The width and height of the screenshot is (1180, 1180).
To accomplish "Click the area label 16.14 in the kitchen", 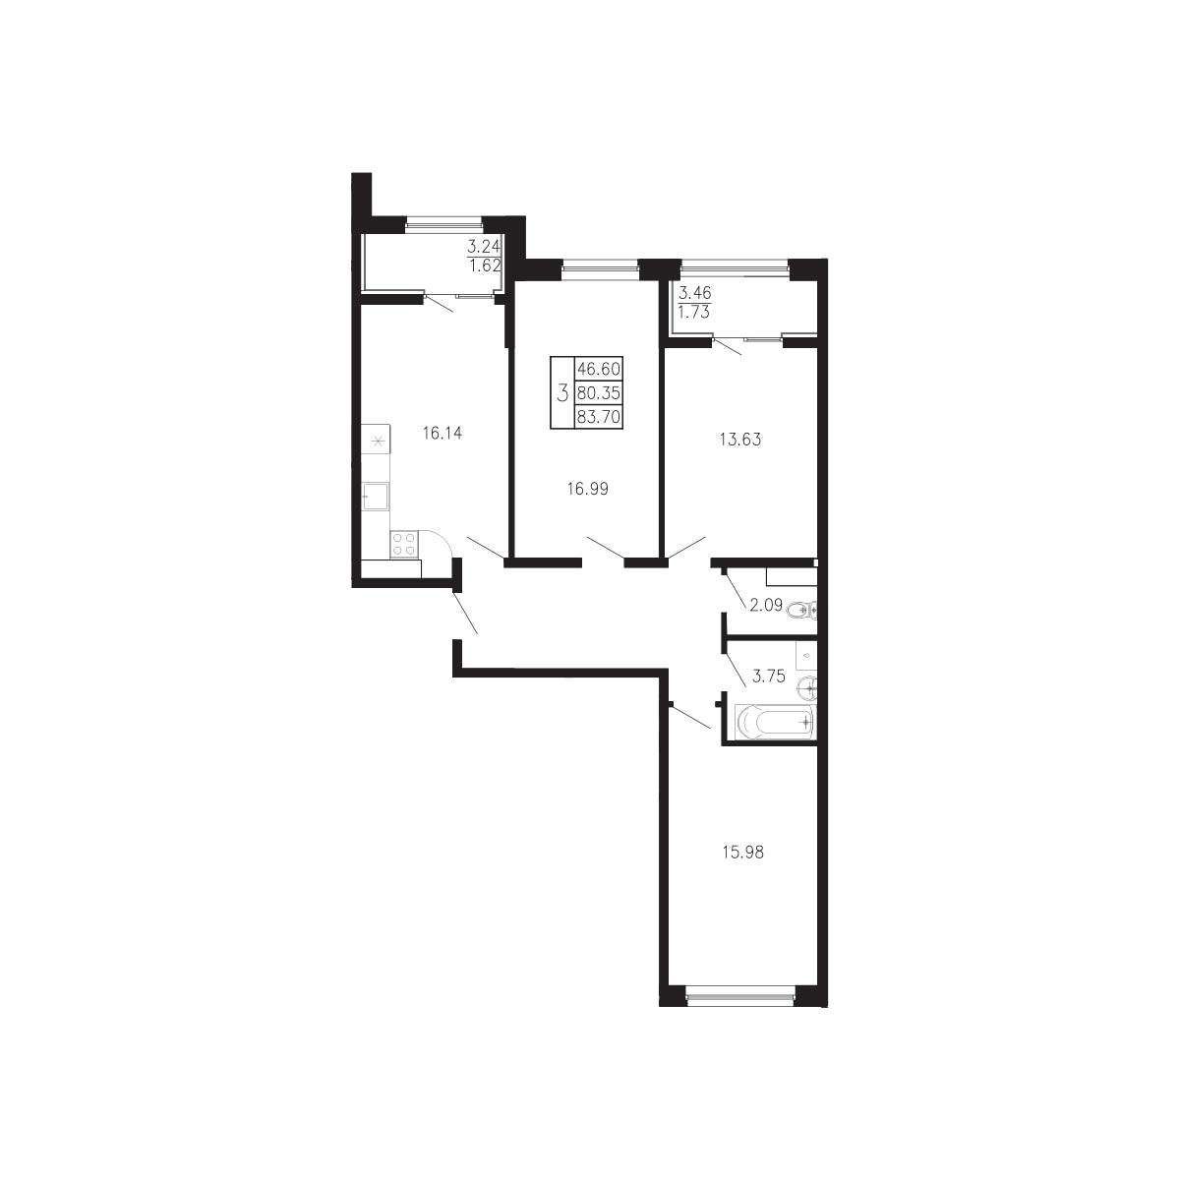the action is [x=442, y=434].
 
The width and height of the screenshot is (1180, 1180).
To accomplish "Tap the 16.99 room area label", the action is [x=587, y=488].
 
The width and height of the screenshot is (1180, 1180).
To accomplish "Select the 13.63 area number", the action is [x=740, y=439].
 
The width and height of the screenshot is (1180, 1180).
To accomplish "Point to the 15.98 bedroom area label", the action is [x=742, y=852].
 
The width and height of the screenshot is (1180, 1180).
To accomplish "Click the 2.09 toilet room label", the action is [x=766, y=605].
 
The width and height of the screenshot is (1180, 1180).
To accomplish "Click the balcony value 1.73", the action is [x=694, y=312].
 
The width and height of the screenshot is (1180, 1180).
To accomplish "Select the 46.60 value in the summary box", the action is [x=598, y=369].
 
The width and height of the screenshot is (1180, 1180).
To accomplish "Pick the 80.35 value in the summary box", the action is [x=598, y=392].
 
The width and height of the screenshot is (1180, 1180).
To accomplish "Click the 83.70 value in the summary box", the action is [x=598, y=416].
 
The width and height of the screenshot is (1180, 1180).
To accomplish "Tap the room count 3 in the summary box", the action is [x=562, y=392].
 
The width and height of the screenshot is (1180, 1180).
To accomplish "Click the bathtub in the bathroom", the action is [x=775, y=723].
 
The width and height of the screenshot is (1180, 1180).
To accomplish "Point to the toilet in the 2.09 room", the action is [x=802, y=610].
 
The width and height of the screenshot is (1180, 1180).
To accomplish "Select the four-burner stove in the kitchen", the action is [x=403, y=544].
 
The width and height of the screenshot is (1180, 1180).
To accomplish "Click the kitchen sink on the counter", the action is [x=375, y=496].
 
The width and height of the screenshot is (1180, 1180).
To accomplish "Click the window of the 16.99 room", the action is [x=600, y=265].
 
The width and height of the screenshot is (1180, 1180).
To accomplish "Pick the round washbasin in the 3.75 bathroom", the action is [x=807, y=688].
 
